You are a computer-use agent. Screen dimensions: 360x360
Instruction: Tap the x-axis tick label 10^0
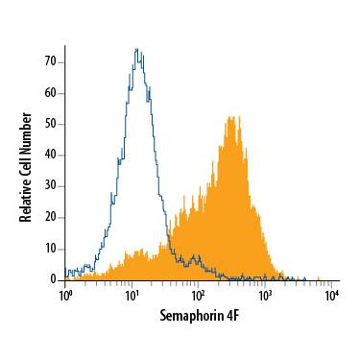click(65, 293)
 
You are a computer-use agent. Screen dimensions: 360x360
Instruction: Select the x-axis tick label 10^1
click(132, 293)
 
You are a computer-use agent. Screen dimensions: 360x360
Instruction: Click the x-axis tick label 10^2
click(199, 293)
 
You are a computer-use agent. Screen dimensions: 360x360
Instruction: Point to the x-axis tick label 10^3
click(265, 293)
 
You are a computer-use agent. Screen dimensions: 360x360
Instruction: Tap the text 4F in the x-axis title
click(231, 313)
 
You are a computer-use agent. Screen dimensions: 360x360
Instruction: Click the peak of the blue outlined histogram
click(137, 49)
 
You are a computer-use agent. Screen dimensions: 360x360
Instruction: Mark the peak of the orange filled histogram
click(230, 117)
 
